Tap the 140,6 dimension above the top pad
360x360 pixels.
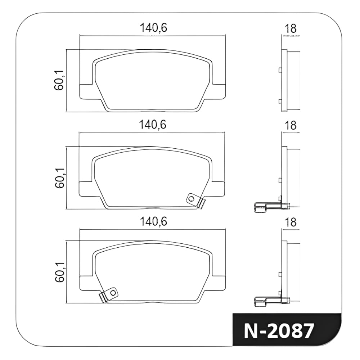pos(153,28)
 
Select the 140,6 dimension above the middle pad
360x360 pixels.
pos(152,125)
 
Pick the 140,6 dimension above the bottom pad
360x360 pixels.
pos(153,222)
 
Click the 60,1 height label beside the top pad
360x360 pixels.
pos(59,80)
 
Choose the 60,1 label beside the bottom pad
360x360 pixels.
pos(60,272)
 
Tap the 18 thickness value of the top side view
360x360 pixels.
pos(291,28)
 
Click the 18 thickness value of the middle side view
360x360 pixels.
pos(291,125)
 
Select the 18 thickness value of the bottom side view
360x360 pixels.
pos(291,222)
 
